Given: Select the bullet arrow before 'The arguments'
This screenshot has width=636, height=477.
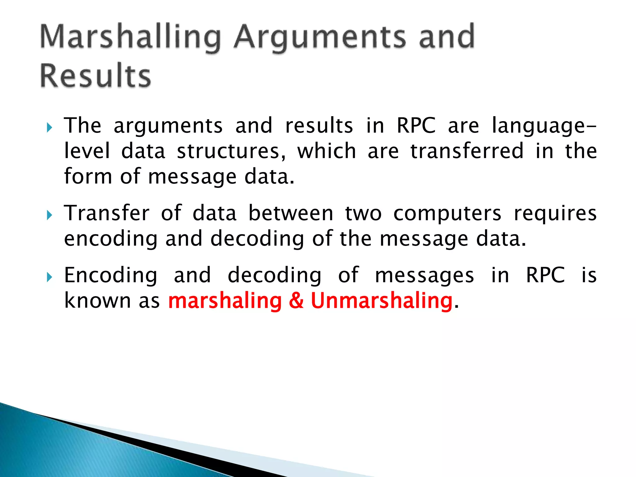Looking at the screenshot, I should coord(49,127).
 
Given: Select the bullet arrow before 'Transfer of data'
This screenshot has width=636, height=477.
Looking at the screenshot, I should coord(49,215).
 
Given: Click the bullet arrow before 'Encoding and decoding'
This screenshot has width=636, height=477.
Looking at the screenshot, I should coord(49,277).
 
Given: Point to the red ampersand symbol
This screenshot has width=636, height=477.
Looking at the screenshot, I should coord(296,301).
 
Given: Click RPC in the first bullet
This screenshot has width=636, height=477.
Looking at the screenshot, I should coord(416,125).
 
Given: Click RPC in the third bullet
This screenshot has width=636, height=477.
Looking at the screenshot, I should coord(545,275).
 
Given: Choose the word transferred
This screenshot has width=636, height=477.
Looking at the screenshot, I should coord(467,151).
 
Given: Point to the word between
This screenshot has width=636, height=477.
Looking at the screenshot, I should coord(291,213).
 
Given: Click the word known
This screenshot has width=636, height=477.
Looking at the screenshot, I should coord(98,301).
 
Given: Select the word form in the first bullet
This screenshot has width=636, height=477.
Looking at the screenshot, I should coord(88,176).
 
